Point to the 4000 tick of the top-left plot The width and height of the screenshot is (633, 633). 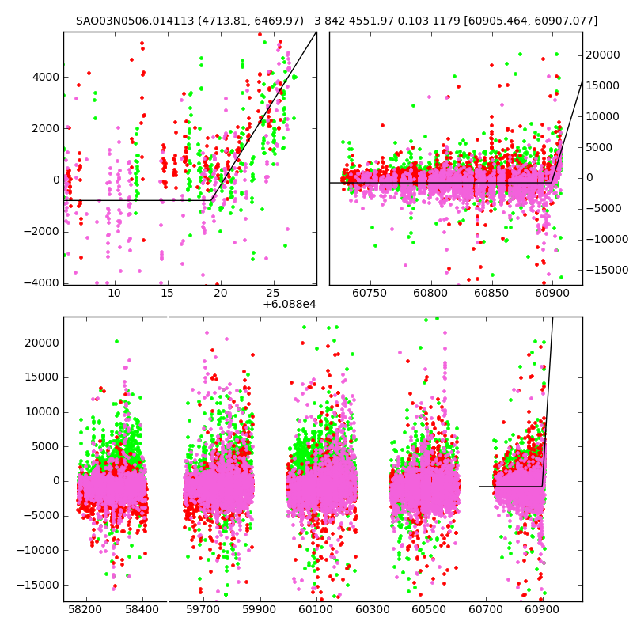46,77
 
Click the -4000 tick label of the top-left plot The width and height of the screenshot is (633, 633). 43,282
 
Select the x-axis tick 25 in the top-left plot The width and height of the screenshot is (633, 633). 273,294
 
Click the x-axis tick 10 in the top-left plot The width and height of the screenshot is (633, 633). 114,294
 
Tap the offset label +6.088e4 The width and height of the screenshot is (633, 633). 290,305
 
